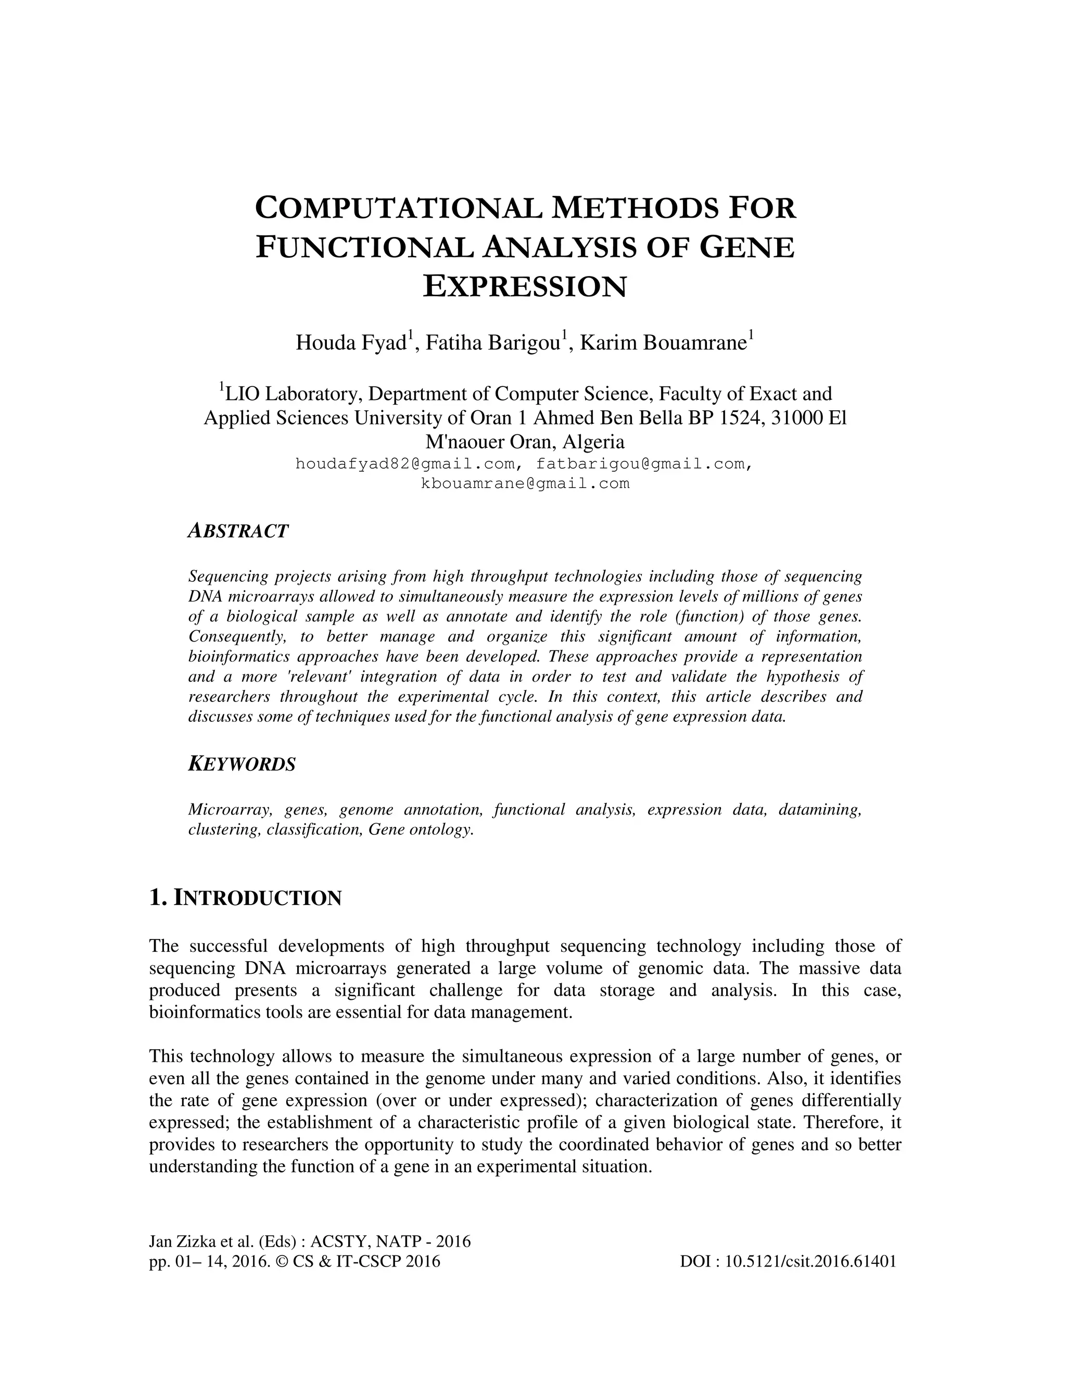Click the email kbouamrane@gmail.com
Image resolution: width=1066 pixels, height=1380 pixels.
click(x=525, y=484)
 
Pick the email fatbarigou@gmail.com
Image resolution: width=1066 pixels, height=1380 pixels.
click(x=640, y=465)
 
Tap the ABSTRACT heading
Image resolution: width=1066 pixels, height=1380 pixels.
click(x=238, y=531)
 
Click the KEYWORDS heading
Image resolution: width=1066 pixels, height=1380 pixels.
click(x=242, y=764)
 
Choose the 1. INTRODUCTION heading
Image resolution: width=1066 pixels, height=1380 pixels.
click(x=245, y=898)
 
